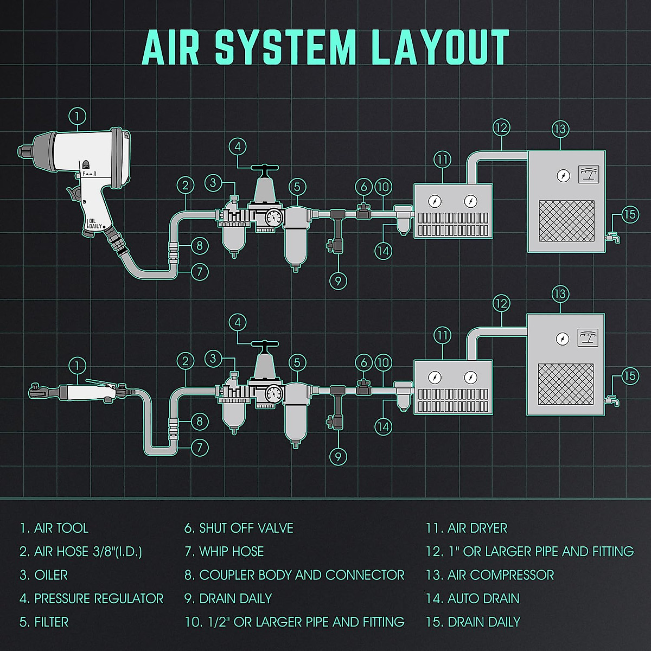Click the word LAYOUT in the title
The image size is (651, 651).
(x=441, y=48)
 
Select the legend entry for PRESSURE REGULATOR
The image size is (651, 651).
(x=92, y=598)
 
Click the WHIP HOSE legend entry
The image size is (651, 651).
(x=224, y=552)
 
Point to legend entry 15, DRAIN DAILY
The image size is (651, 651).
(x=473, y=622)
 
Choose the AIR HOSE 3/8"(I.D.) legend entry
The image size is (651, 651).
(x=81, y=552)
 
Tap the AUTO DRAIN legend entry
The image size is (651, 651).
(x=473, y=598)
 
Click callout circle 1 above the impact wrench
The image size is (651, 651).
(x=78, y=116)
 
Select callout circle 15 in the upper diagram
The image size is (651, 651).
(x=629, y=214)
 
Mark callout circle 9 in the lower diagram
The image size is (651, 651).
(x=338, y=456)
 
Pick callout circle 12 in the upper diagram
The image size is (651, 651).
(x=501, y=128)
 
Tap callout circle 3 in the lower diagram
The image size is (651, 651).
(x=214, y=359)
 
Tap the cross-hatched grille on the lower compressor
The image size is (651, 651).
(x=566, y=386)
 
